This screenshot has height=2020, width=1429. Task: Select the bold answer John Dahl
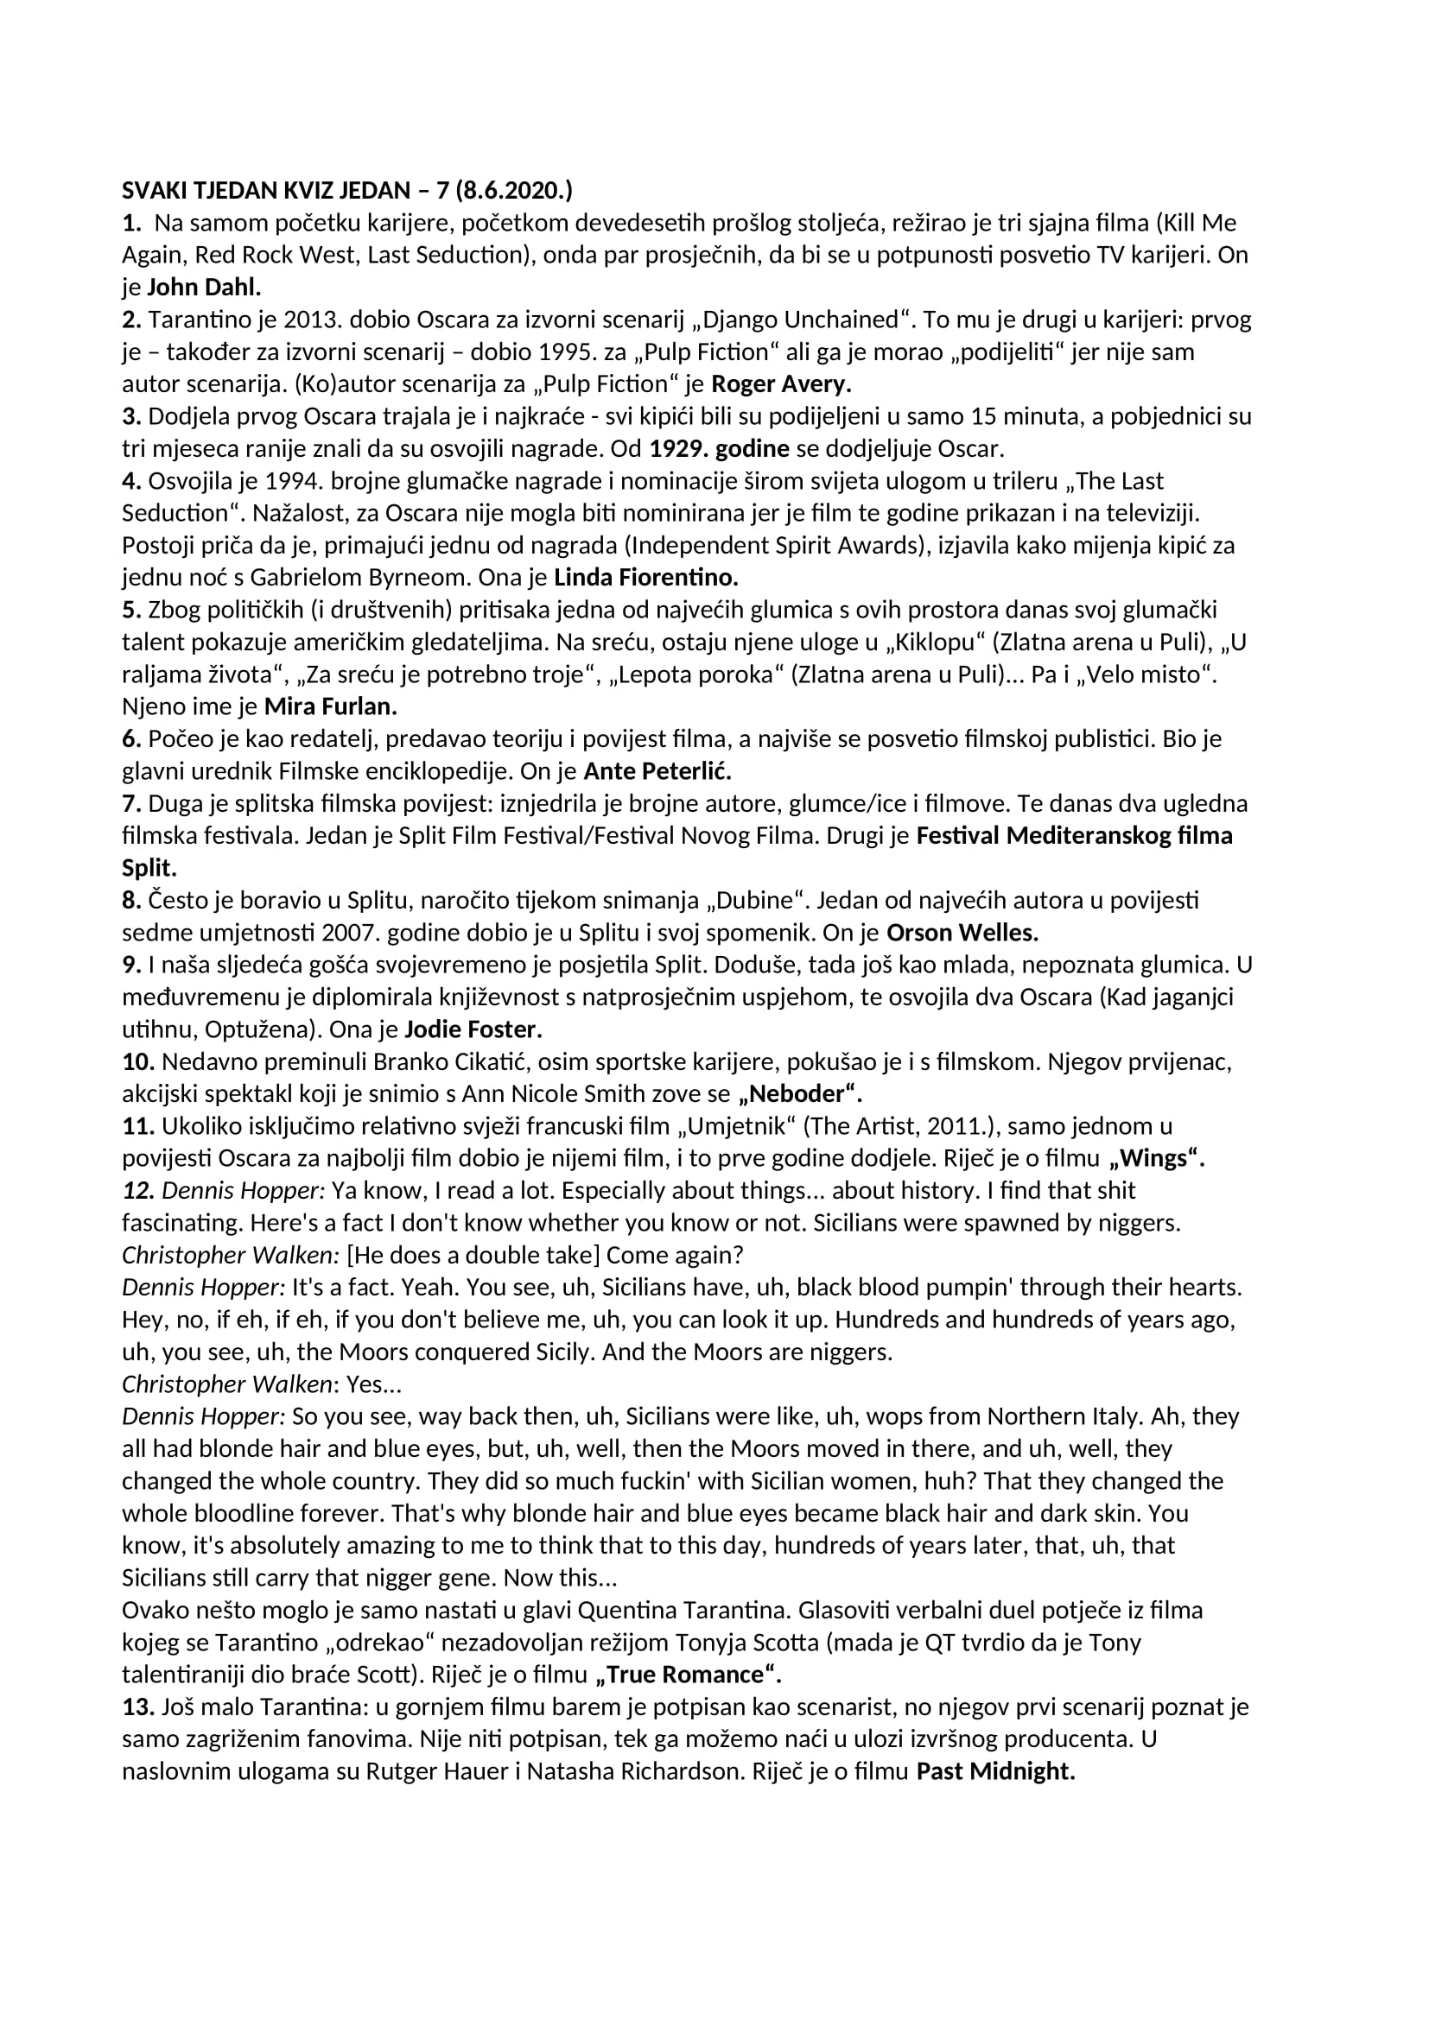coord(204,287)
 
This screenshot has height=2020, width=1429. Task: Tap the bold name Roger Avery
coord(781,383)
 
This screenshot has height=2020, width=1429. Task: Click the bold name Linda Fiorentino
coord(645,577)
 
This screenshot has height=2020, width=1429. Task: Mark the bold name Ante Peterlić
coord(657,770)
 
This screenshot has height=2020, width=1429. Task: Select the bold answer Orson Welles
coord(962,932)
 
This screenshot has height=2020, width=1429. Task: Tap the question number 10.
coord(138,1061)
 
